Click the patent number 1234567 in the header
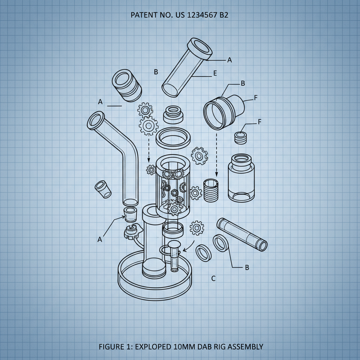201,15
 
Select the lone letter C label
213,278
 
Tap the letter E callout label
215,73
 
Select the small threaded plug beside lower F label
240,137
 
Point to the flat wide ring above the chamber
173,138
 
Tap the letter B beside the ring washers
247,268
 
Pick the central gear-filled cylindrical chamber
173,186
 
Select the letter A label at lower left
99,239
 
